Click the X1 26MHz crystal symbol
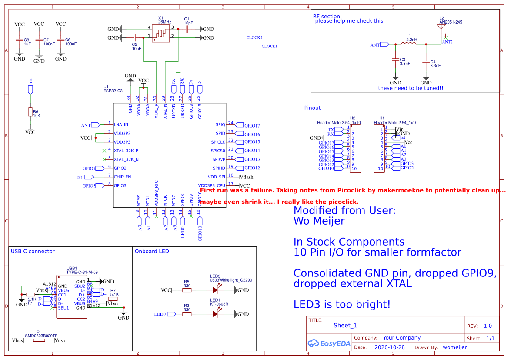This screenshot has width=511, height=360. coord(160,33)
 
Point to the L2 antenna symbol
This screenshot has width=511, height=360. coord(441,28)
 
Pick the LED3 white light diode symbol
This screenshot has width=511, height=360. coord(216,290)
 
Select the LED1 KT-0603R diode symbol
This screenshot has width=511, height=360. coord(216,314)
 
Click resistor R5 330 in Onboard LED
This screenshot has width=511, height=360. coord(187,290)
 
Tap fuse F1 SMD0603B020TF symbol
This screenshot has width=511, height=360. coord(39,340)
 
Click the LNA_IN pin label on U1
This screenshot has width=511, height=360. coord(121,125)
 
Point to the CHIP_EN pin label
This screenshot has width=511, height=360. coord(122,177)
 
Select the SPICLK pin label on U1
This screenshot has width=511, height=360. coord(218,142)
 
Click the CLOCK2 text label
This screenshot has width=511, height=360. coord(254,38)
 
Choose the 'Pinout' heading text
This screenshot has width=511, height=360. coord(312,108)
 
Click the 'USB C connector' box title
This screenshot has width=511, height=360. coord(33,252)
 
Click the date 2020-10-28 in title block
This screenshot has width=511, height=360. coord(389,347)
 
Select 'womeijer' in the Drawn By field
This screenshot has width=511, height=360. coord(454,347)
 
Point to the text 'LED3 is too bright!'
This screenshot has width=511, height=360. coord(342,305)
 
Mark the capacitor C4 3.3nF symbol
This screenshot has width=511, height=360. coord(426,62)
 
